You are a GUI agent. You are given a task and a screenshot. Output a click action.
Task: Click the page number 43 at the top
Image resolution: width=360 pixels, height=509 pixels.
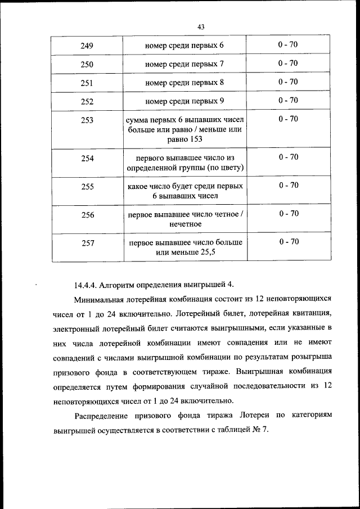point(201,26)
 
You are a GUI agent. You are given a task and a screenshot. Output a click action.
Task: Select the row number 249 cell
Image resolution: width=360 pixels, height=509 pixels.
point(87,45)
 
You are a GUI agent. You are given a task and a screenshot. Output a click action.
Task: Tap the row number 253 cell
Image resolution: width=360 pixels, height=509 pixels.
point(87,120)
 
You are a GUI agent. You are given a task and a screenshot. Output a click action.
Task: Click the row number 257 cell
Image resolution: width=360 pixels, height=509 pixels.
point(87,243)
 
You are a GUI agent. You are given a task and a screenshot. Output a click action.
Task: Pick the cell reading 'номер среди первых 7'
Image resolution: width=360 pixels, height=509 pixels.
point(184,64)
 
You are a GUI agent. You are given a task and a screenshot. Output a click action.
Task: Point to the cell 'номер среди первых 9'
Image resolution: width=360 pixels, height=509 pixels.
point(184,101)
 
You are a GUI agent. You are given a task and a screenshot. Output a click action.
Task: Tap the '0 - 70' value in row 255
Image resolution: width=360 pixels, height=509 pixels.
point(288,186)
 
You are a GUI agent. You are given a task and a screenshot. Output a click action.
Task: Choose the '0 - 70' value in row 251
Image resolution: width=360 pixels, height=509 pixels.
point(288,82)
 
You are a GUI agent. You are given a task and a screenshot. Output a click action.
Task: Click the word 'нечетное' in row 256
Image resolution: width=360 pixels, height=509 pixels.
point(185,224)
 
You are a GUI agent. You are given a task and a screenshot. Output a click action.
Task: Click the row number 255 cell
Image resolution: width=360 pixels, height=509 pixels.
point(87,186)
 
